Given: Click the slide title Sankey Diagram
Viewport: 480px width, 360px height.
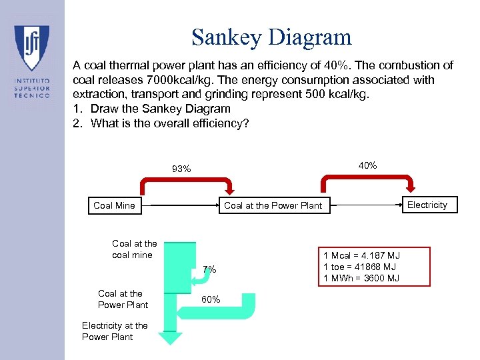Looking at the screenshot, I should click(271, 37).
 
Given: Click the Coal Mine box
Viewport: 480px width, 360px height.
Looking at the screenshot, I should click(114, 205).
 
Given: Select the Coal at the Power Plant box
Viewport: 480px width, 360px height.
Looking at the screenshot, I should click(273, 205).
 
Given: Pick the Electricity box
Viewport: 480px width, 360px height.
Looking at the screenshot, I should click(427, 205).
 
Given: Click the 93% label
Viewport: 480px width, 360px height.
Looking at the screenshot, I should click(181, 169).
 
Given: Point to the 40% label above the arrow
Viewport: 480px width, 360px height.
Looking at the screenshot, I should click(367, 165).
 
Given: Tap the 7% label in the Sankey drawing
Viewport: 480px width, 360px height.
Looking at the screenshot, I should click(209, 269).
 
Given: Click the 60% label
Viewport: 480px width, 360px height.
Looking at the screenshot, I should click(211, 299).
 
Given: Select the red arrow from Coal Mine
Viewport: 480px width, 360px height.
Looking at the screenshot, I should click(186, 181).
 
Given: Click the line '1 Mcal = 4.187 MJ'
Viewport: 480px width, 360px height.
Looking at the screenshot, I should click(361, 255).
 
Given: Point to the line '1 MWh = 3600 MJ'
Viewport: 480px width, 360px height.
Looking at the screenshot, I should click(361, 278).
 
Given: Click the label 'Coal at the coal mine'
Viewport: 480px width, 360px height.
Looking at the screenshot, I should click(134, 249).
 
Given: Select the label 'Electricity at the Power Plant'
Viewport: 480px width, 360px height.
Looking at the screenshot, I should click(115, 331).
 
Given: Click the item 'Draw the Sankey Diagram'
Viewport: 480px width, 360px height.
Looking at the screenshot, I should click(160, 109).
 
